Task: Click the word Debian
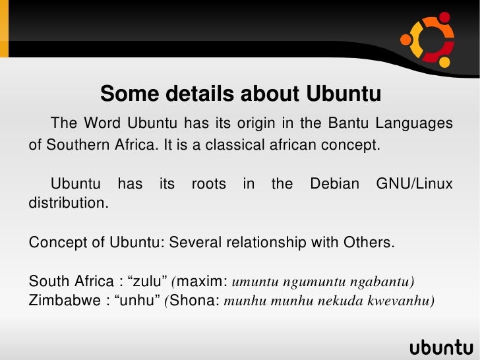(334, 184)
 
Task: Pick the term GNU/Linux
(414, 184)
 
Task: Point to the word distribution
(68, 202)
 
